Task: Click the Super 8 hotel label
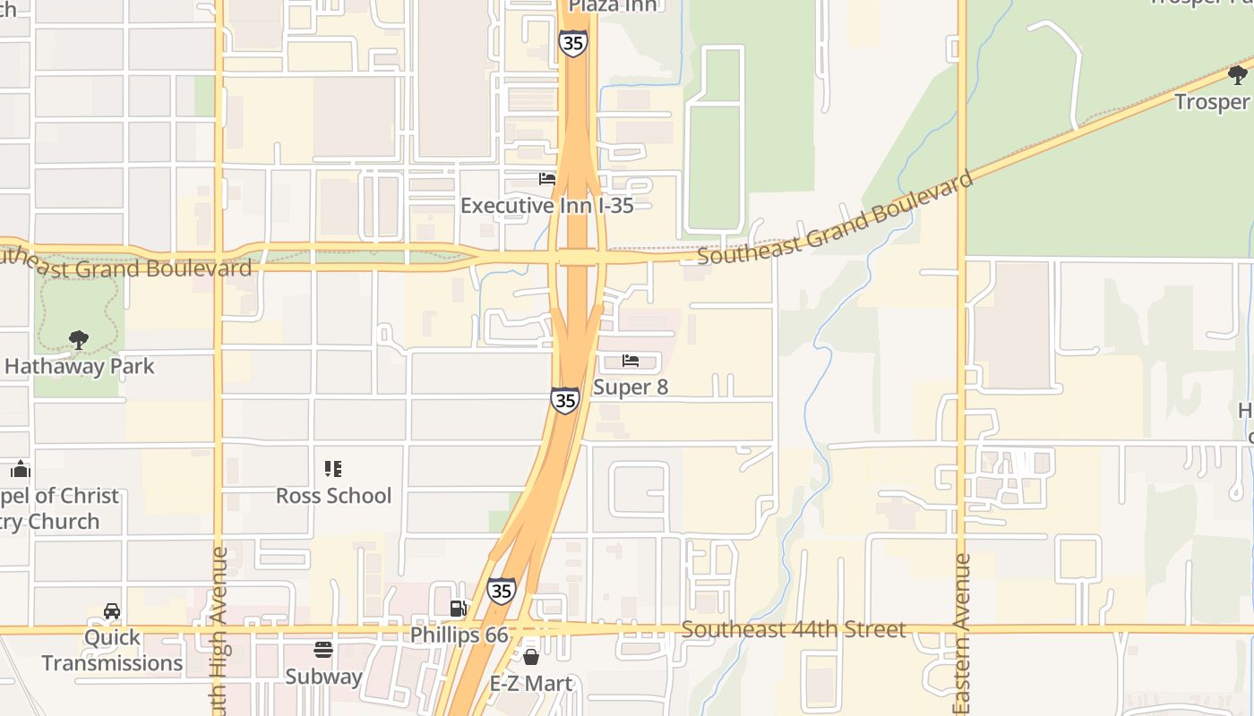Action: point(631,388)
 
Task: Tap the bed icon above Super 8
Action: point(631,361)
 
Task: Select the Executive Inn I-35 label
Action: point(546,206)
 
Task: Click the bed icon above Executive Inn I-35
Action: point(547,179)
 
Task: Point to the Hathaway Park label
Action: point(79,366)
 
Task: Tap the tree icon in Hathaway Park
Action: point(79,340)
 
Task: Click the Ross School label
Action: point(333,496)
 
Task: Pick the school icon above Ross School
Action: point(333,469)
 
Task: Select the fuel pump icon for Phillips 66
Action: point(459,609)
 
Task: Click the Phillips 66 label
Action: point(459,635)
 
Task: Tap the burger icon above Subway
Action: point(323,650)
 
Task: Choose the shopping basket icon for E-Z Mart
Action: point(531,657)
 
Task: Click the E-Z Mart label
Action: point(531,684)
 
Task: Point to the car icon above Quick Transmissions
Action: point(112,611)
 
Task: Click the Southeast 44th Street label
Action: point(794,629)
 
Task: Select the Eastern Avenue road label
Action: point(962,634)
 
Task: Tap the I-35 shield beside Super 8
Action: point(564,400)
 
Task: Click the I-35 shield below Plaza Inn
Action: point(572,43)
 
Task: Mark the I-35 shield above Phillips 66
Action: point(502,591)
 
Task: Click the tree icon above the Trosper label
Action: point(1239,75)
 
